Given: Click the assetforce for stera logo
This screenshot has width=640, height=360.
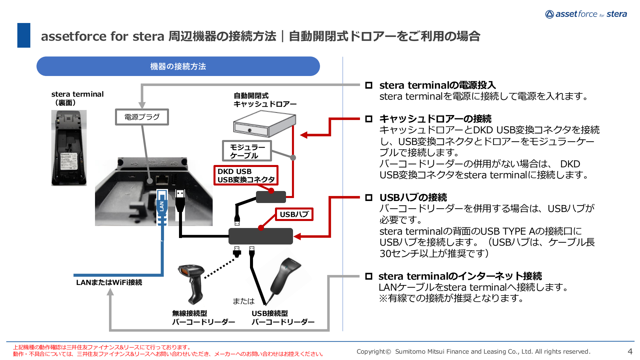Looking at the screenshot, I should coord(586,14).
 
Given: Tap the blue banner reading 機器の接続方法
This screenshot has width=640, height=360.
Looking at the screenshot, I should coord(178,66).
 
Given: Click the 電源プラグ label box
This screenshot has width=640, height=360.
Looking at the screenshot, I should coord(142,117).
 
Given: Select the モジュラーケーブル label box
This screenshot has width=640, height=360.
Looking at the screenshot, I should coord(247,151).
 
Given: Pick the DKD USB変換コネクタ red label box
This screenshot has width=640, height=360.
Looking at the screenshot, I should coord(246,175).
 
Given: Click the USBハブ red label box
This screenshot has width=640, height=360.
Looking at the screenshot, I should coord(294,214).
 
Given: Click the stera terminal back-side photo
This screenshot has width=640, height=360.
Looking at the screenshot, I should coord(69,148).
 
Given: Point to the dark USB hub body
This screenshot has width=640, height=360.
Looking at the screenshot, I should coord(260,236).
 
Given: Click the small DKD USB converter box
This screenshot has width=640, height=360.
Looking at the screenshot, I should coord(271,197).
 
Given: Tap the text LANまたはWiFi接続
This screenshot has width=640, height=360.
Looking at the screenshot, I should coord(109,282).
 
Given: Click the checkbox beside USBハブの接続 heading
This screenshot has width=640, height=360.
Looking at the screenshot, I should coord(369,198).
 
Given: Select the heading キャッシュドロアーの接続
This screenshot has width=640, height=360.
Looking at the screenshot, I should coord(435,119).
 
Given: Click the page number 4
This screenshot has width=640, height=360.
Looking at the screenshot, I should coord(630,351).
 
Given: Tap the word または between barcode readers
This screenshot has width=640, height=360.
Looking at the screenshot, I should coord(243,301).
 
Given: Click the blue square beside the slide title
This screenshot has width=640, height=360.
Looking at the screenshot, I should coord(24,35).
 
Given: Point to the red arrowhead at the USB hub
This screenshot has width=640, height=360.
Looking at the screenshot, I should coord(297,237).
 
